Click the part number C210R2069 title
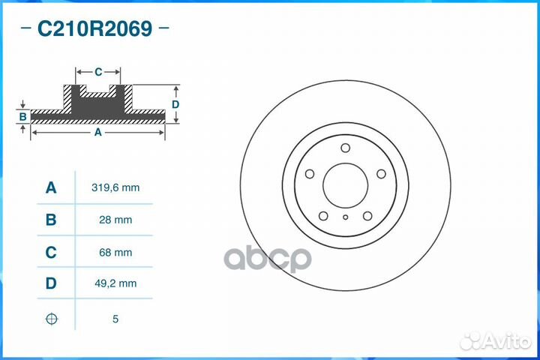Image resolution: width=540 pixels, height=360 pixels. pos(94,29)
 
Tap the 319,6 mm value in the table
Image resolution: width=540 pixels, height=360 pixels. pos(115,187)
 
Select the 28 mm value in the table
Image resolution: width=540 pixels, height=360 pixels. pos(115,220)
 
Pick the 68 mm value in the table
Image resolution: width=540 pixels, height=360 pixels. pos(115,253)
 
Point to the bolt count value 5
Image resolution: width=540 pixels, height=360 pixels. pos(115,319)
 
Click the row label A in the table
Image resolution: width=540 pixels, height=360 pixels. pos(51,187)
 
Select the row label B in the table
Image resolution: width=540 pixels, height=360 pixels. pos(51,220)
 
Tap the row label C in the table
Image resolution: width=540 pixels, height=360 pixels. pos(51,253)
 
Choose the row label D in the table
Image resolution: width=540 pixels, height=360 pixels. pos(51,283)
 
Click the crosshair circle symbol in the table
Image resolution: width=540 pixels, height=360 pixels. pos(51,319)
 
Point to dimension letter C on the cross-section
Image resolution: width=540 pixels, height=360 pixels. pos(98,72)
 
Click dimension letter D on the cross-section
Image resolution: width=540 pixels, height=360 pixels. pos(175,104)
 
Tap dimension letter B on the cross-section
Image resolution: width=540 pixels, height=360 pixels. pos(23,116)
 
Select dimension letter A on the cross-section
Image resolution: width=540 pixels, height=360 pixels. pos(97,132)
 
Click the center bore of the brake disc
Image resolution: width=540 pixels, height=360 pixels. pos(345,184)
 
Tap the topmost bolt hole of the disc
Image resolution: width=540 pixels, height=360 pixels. pos(345,148)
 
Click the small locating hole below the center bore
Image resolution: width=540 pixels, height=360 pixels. pos(345,218)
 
